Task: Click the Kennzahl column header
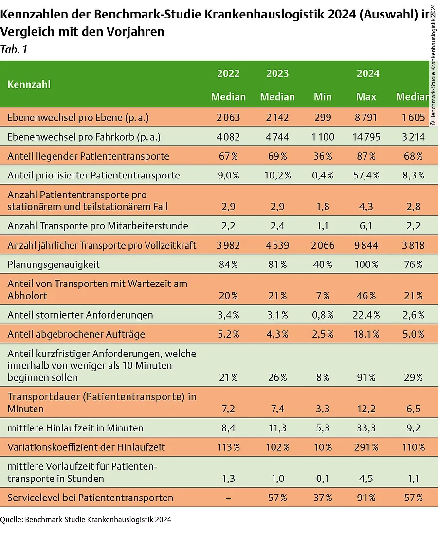pos(29,85)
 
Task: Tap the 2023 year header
pos(277,73)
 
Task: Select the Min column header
pos(323,97)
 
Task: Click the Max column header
pos(366,97)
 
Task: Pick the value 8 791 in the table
pos(366,117)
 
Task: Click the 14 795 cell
pos(366,137)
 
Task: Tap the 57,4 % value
pos(366,175)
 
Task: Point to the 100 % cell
pos(366,265)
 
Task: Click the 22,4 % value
pos(366,315)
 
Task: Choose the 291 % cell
pos(366,447)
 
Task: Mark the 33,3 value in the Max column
pos(366,428)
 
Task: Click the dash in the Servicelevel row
pos(228,498)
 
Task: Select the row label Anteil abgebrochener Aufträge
pos(76,334)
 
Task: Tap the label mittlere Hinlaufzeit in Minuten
pos(75,428)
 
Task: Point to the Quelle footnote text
pos(86,520)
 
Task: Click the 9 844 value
pos(366,245)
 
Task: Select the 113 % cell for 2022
pos(228,447)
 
